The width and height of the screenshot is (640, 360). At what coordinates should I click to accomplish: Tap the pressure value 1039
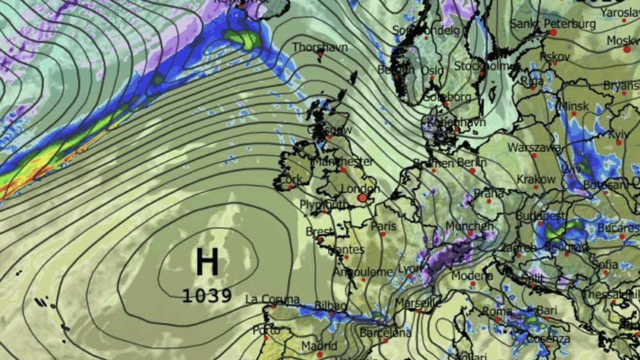pos(207,296)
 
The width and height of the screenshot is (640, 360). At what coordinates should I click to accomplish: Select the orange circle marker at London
pos(363,197)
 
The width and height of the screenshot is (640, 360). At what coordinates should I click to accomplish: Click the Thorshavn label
pos(320,47)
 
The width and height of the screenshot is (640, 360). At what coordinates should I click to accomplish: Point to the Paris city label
pos(383,226)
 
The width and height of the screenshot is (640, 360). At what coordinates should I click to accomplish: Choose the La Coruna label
pos(272,299)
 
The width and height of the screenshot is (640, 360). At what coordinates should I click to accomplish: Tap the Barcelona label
pos(386,333)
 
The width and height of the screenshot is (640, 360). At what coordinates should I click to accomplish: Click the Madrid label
pos(319,346)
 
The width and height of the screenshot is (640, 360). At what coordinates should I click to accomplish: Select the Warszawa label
pos(534,148)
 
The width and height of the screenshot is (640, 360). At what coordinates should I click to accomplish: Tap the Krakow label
pos(536,179)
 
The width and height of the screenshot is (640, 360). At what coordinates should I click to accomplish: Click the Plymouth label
pos(324,205)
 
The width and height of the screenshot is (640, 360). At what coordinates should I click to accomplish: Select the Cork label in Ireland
pos(291,181)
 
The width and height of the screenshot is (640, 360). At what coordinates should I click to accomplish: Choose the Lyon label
pos(409,269)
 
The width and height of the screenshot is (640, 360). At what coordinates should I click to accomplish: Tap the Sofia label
pos(605,264)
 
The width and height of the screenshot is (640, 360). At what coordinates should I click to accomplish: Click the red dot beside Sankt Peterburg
pos(553,32)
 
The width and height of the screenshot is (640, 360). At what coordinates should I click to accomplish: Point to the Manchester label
pos(343,161)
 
